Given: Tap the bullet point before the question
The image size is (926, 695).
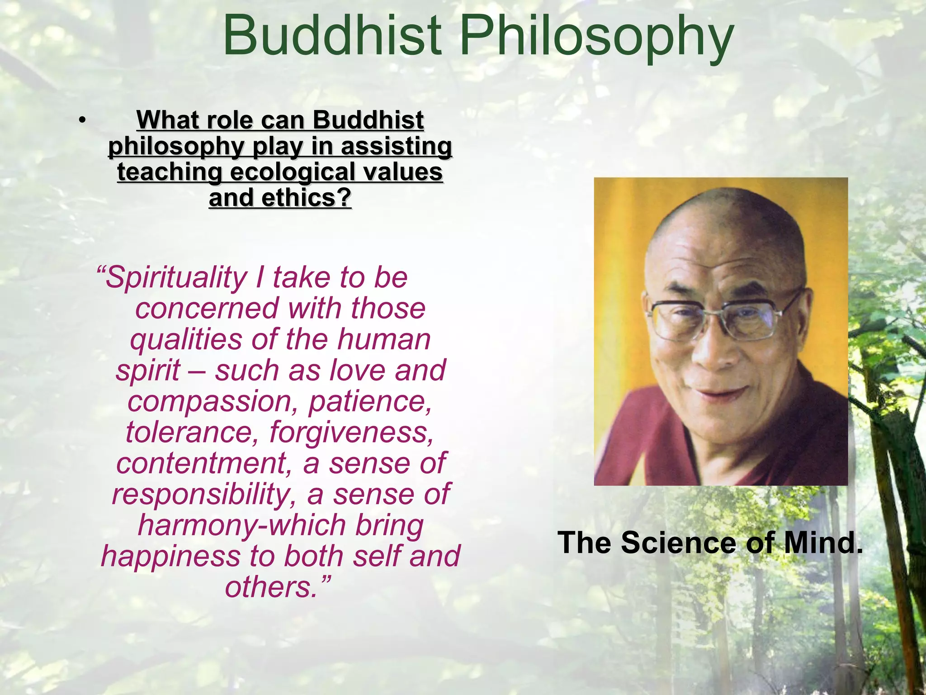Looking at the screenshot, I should tap(81, 120).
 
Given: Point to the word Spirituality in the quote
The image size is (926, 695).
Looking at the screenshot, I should tap(176, 278).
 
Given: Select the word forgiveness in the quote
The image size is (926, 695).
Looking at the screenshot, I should tap(351, 432).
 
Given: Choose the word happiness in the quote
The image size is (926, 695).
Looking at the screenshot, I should tap(170, 556).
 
